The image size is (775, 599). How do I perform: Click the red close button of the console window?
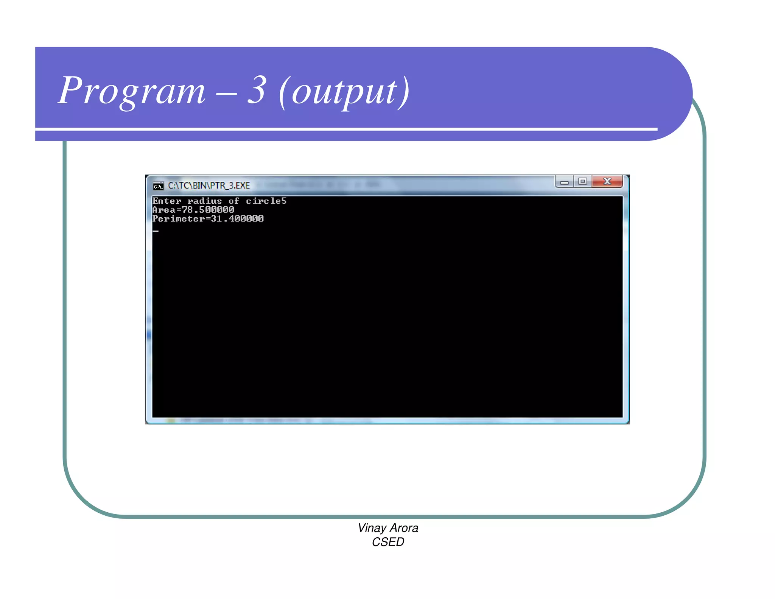pyautogui.click(x=607, y=181)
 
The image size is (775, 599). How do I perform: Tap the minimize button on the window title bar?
pyautogui.click(x=564, y=182)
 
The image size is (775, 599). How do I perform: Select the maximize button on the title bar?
pyautogui.click(x=583, y=181)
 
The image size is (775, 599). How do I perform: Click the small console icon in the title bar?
pyautogui.click(x=158, y=186)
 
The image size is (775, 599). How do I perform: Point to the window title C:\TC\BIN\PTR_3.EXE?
pyautogui.click(x=209, y=186)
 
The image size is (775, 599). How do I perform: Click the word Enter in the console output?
pyautogui.click(x=167, y=201)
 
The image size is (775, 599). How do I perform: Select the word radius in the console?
pyautogui.click(x=204, y=201)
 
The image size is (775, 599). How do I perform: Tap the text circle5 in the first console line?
pyautogui.click(x=266, y=201)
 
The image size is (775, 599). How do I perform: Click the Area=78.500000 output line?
pyautogui.click(x=193, y=210)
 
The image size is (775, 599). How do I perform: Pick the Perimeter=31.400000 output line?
pyautogui.click(x=208, y=218)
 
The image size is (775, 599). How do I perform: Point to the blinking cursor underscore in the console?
pyautogui.click(x=156, y=231)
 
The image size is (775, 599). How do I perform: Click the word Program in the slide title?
pyautogui.click(x=132, y=91)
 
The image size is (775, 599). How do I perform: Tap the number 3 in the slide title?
pyautogui.click(x=257, y=90)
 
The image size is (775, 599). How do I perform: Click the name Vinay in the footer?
pyautogui.click(x=372, y=528)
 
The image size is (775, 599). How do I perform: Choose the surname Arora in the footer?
pyautogui.click(x=404, y=528)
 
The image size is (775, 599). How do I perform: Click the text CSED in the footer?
pyautogui.click(x=388, y=542)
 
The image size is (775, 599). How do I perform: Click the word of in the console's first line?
pyautogui.click(x=233, y=201)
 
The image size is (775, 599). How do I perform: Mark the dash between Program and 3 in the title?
pyautogui.click(x=226, y=92)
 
